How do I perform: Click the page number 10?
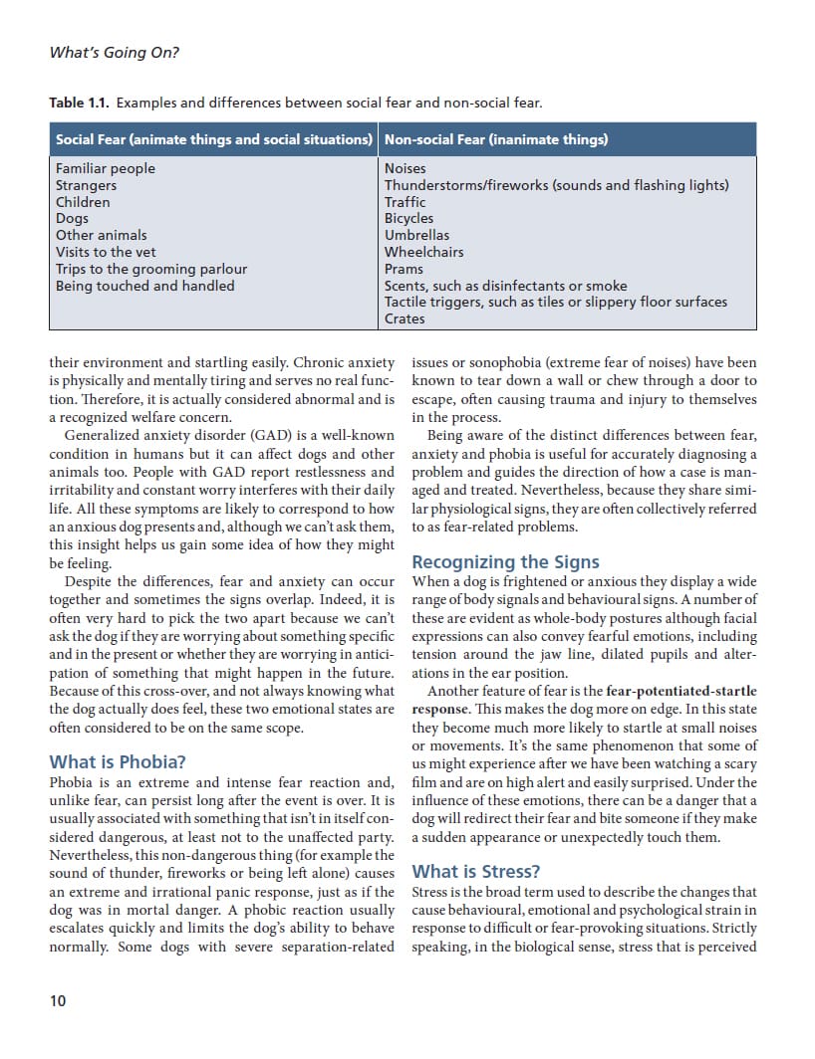click(58, 1000)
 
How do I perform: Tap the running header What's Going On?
click(114, 53)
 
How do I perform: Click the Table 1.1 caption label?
click(79, 104)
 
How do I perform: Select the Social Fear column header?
click(213, 139)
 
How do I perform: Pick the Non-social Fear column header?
click(495, 139)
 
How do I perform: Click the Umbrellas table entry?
click(409, 235)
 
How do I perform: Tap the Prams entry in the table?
click(404, 269)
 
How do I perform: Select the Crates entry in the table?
click(405, 318)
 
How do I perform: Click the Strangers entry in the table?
click(86, 185)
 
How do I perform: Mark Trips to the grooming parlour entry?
click(151, 269)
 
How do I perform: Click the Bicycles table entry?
click(408, 218)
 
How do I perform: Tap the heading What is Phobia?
click(118, 762)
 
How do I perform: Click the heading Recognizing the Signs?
click(506, 562)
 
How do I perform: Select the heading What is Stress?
click(476, 872)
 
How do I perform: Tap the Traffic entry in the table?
click(405, 202)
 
